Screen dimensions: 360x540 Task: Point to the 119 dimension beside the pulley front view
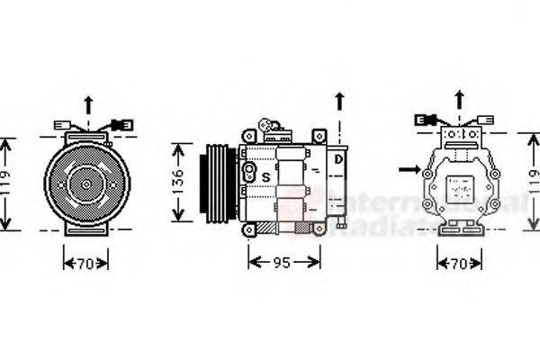point(7,184)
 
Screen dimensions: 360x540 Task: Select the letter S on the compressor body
point(265,176)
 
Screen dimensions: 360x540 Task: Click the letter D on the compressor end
point(338,160)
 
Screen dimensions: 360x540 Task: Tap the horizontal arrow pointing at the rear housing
point(409,168)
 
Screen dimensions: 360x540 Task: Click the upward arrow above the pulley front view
point(87,104)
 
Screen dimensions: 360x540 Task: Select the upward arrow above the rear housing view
point(459,100)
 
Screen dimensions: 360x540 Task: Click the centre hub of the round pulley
point(87,184)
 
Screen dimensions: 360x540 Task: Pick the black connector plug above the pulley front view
point(122,124)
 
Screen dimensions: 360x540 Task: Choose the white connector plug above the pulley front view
point(62,125)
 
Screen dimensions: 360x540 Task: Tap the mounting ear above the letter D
point(318,135)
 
